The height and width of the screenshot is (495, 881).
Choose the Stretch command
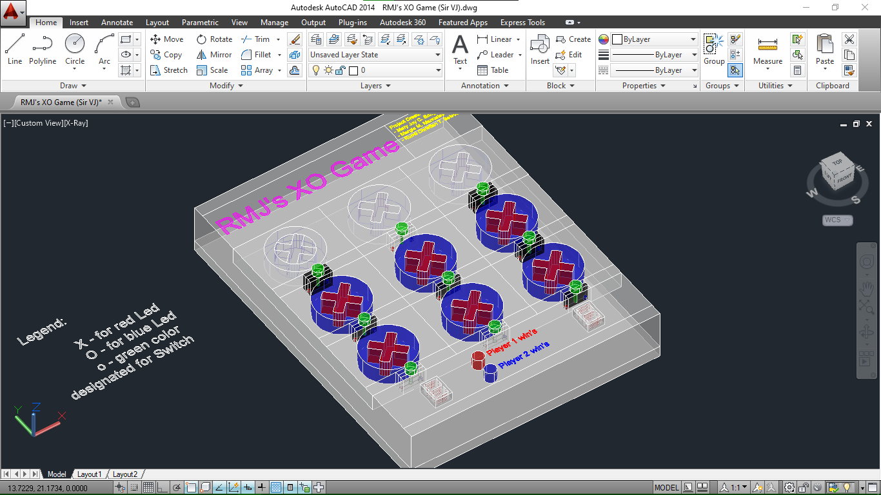[x=168, y=70]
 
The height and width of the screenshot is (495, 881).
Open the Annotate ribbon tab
[x=117, y=23]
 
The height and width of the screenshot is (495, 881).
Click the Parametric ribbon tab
[x=200, y=23]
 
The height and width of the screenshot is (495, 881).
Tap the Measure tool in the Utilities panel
[x=767, y=50]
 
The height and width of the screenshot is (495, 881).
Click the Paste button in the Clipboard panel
[x=825, y=50]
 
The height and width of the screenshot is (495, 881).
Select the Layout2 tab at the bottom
[x=125, y=474]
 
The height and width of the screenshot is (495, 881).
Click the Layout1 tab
[x=90, y=474]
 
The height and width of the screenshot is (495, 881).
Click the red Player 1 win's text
[x=512, y=342]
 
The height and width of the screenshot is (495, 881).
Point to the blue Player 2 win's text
[x=524, y=355]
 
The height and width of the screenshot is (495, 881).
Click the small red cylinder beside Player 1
[x=478, y=360]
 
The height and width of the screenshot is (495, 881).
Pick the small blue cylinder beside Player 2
[x=490, y=373]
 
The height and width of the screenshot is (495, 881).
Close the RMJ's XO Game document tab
[x=110, y=102]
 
